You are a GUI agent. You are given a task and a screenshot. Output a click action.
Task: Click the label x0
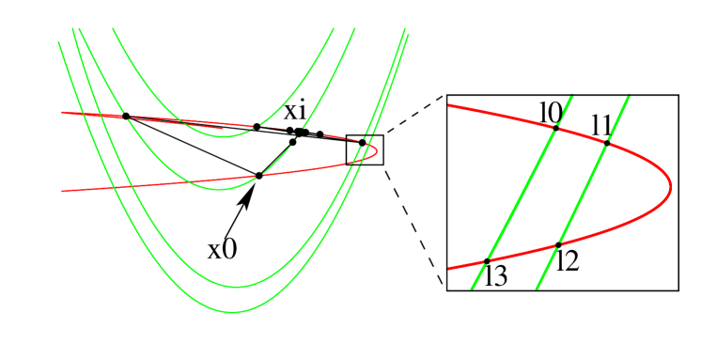[223, 249]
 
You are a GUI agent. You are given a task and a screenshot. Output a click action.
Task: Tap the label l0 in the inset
[552, 111]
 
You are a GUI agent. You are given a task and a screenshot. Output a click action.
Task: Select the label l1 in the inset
[602, 124]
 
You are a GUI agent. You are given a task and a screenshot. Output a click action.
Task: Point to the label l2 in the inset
[567, 261]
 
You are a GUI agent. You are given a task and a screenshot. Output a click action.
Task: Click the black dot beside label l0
[555, 128]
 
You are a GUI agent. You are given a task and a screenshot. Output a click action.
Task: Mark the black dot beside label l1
[607, 143]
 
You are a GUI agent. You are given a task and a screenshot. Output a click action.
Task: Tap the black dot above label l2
[558, 244]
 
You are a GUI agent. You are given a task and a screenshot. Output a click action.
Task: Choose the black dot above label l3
[487, 260]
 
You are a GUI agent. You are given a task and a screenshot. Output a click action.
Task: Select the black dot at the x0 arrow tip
[258, 175]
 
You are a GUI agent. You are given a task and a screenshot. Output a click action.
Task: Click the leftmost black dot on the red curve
[126, 116]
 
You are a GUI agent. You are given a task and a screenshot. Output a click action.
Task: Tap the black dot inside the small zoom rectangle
[362, 143]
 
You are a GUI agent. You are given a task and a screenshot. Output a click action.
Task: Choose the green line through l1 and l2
[583, 194]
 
